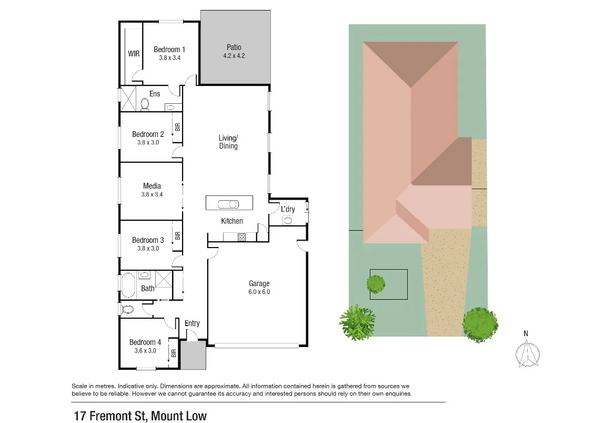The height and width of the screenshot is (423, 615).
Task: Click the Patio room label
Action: [x=234, y=47]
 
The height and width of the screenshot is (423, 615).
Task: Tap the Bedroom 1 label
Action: [x=169, y=50]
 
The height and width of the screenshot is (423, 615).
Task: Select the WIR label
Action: [x=133, y=53]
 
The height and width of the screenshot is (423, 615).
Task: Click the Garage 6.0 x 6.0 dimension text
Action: [x=259, y=292]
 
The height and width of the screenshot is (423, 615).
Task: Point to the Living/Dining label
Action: [x=228, y=142]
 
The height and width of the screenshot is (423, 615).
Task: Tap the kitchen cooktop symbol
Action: [x=241, y=237]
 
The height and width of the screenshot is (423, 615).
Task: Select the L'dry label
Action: [x=288, y=209]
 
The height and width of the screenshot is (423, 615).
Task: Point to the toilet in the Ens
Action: [x=145, y=105]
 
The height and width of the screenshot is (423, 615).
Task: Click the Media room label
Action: [x=152, y=186]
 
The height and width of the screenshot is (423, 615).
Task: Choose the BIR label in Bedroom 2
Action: [x=178, y=127]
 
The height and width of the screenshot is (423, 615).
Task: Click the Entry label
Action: [x=192, y=323]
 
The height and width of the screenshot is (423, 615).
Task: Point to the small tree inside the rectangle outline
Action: [x=376, y=284]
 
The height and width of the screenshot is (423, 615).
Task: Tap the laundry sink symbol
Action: [x=288, y=221]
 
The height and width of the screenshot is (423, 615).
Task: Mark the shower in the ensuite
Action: [x=128, y=99]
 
